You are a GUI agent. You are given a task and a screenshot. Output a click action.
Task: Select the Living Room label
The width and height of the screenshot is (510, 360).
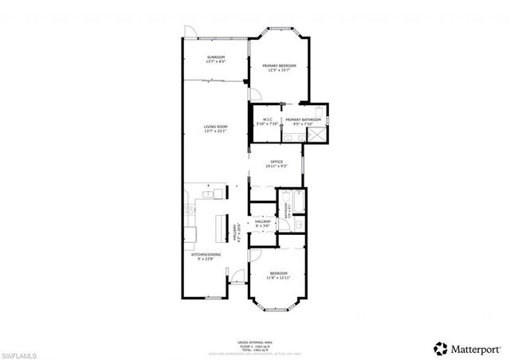coord(215,129)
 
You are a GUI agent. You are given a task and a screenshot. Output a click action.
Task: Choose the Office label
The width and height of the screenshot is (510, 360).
coord(277,163)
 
